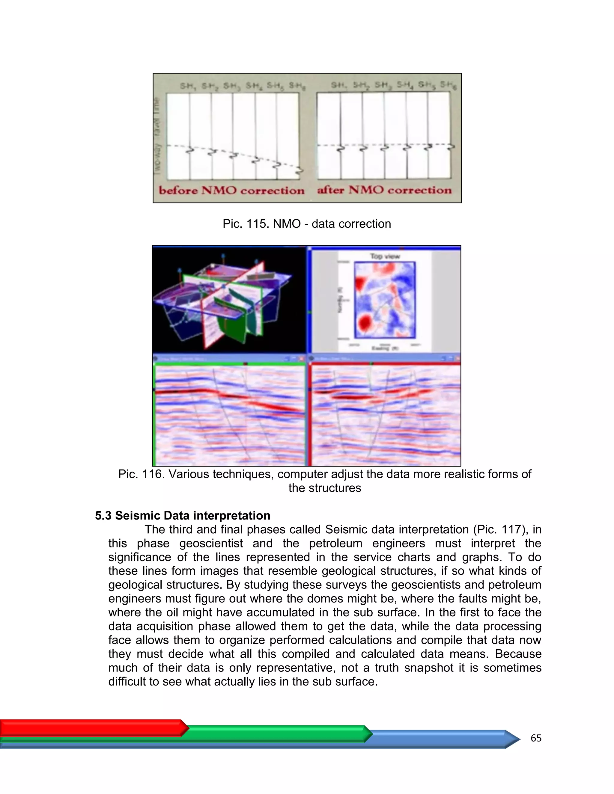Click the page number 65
pos(536,738)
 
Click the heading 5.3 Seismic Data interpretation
pos(183,516)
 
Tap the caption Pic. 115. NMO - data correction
pos(307,224)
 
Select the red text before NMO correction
pos(231,191)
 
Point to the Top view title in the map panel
pos(385,256)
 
